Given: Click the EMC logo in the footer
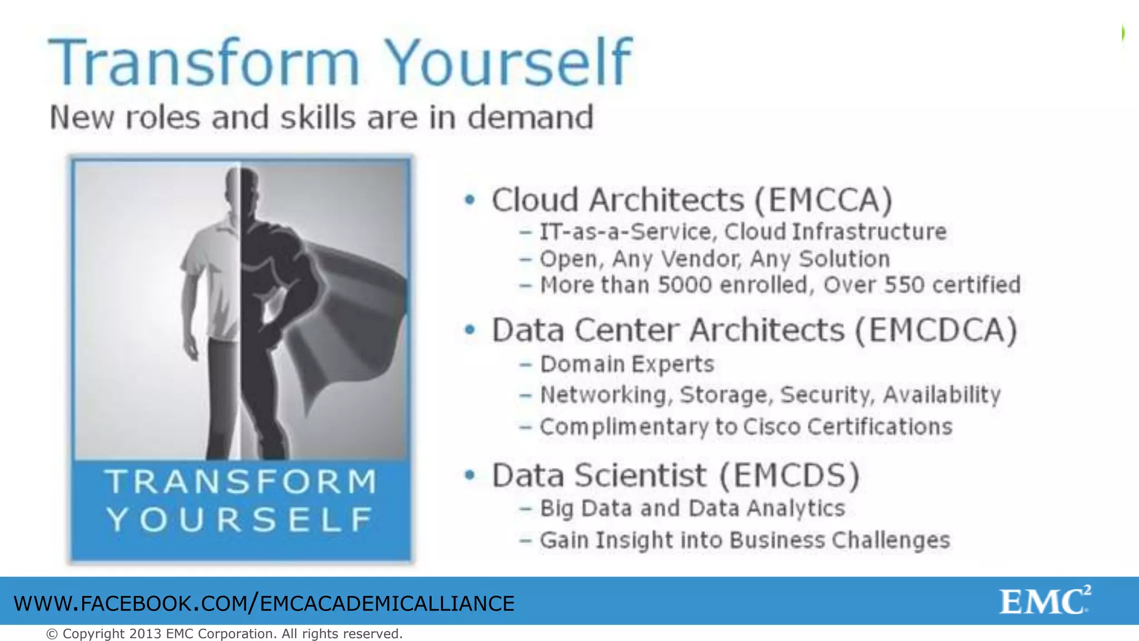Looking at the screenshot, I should [1044, 601].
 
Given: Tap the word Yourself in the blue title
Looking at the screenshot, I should [508, 62].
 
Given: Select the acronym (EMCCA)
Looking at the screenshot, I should [823, 200].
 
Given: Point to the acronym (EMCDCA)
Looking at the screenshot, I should [936, 330].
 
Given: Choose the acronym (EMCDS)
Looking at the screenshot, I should [789, 476].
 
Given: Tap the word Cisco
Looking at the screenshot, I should [772, 427].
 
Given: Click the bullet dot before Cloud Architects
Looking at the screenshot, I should [471, 200].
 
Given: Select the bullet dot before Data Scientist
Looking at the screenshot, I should [471, 475].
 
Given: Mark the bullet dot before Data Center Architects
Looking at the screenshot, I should [471, 330].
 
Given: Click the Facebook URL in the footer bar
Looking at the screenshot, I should [264, 604].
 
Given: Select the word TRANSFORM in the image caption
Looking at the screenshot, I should [242, 482].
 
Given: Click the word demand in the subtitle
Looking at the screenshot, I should [530, 117].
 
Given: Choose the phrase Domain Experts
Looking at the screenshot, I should [627, 364].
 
